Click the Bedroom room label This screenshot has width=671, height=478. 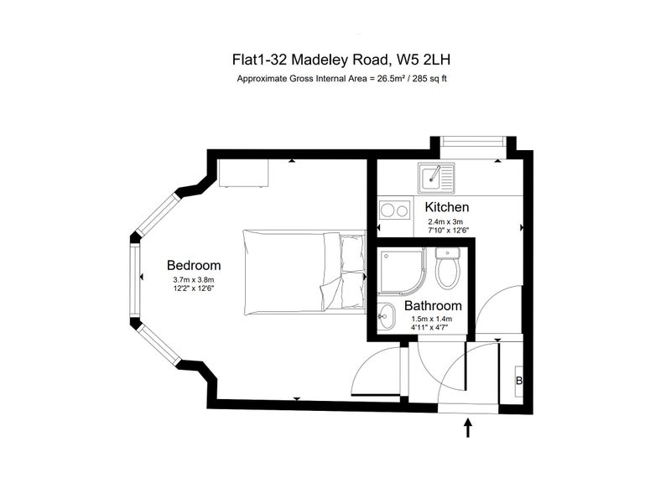coord(194,265)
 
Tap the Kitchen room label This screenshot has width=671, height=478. coord(447,207)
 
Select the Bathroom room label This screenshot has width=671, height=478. coord(433,306)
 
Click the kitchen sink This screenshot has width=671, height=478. coord(437,178)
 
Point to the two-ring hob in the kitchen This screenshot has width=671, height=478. coord(394,210)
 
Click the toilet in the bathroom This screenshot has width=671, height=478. coord(448,268)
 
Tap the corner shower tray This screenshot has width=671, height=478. coord(402,272)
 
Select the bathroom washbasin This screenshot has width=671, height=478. coord(388,317)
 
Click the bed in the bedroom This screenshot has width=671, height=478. coord(304,273)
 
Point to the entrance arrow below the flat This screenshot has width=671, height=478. coord(468,429)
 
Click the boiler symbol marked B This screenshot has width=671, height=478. coord(519,381)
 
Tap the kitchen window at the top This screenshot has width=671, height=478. coord(472,142)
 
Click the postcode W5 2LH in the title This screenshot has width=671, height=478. coord(424,60)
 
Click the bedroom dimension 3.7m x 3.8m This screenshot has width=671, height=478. coord(194,280)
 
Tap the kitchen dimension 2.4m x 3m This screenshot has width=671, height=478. coord(445,222)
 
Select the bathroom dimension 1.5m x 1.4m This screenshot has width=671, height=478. coord(432,320)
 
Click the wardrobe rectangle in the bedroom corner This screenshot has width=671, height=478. coord(243,173)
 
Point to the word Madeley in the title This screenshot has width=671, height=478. coord(320,60)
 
